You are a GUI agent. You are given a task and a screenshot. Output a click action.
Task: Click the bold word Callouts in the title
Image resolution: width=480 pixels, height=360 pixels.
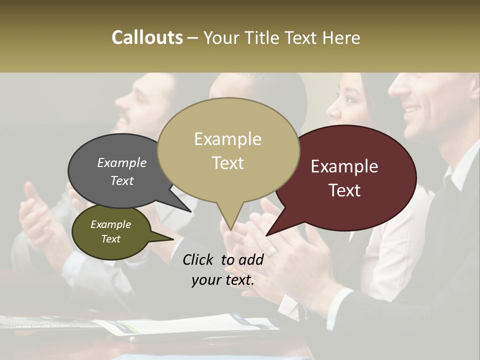coord(147,37)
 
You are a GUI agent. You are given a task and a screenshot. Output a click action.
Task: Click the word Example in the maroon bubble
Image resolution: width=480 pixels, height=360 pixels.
coord(344,166)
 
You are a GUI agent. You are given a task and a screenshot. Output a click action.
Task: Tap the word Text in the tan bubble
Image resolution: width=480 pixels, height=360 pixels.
coord(228,163)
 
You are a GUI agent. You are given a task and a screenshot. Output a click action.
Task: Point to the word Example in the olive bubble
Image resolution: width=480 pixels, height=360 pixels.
coord(111,224)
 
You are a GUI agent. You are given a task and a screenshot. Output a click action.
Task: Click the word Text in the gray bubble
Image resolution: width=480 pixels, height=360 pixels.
coord(122,180)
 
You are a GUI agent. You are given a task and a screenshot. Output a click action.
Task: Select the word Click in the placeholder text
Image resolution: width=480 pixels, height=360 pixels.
coord(199,259)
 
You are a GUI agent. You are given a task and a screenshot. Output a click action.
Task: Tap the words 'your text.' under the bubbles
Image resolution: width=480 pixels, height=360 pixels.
coord(223,280)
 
